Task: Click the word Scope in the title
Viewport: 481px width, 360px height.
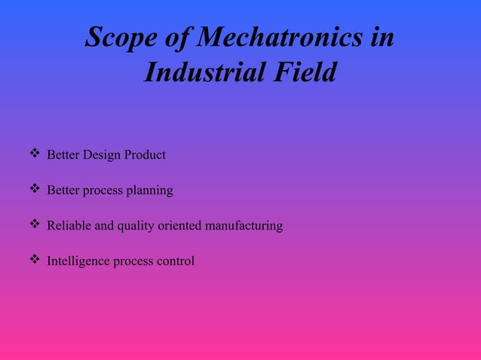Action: coord(117,38)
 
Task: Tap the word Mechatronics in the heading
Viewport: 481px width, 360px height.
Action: coord(271,38)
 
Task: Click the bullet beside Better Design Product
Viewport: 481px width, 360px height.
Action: coord(34,154)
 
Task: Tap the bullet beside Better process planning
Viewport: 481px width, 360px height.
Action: coord(34,190)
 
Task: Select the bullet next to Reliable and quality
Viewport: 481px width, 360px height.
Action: coord(34,224)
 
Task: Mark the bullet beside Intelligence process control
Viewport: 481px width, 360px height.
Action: coord(34,260)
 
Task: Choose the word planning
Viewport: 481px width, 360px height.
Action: coord(150,191)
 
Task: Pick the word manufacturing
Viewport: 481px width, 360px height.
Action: coord(244,226)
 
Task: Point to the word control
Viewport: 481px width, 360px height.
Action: coord(176,261)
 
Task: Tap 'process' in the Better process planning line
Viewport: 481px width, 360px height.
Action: coord(103,191)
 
